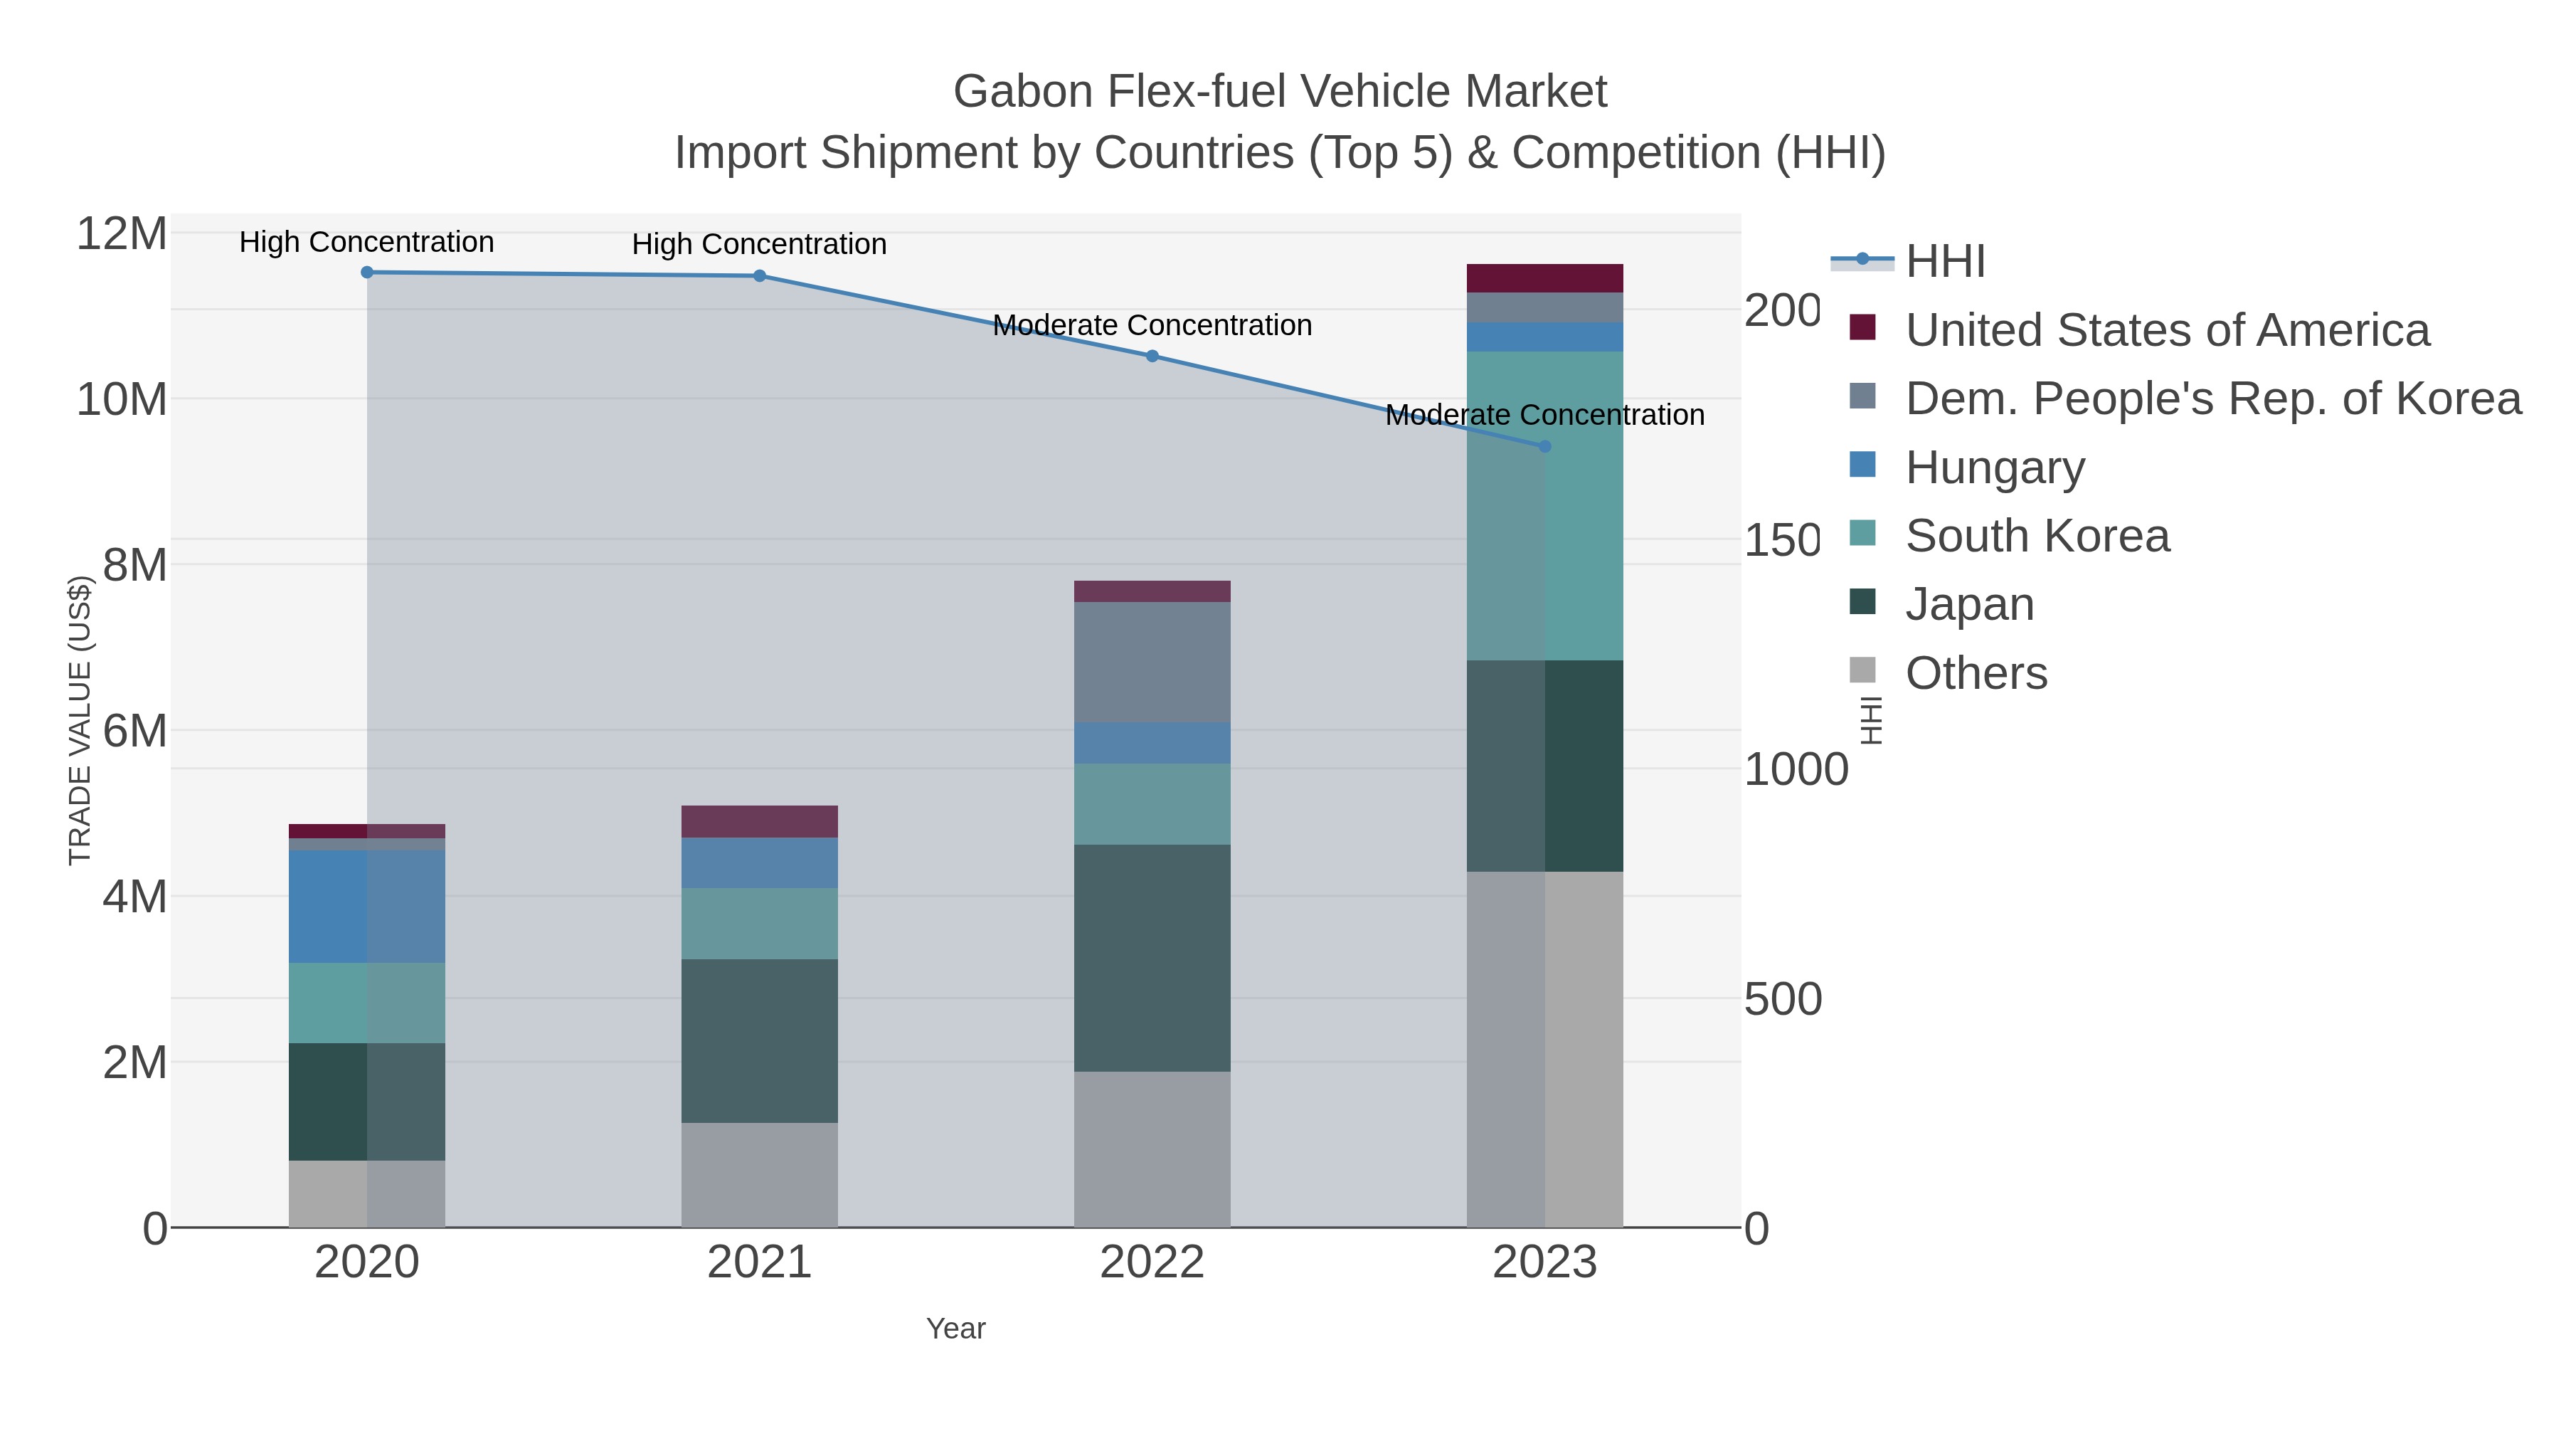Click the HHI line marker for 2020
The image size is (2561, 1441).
[x=367, y=272]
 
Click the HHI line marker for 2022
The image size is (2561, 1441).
[x=1152, y=355]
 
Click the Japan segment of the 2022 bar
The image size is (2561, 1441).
[x=1152, y=958]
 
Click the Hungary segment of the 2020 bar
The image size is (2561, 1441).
[x=367, y=906]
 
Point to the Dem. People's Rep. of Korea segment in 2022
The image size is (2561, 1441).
[x=1152, y=663]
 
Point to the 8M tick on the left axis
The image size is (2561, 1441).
[x=134, y=565]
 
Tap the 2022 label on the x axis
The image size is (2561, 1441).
[x=1152, y=1262]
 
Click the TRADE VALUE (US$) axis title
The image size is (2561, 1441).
[x=80, y=720]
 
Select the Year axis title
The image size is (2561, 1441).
[x=955, y=1328]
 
